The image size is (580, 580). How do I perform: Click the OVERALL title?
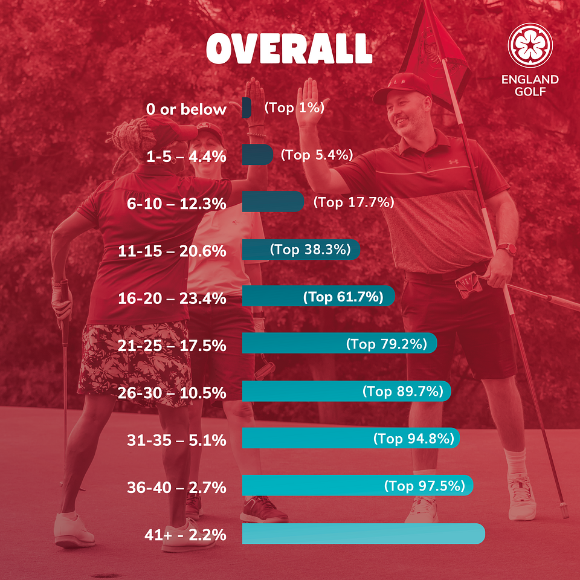(x=289, y=48)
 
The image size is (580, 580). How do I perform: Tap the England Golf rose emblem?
(x=530, y=45)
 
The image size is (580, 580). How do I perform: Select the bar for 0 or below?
(x=246, y=108)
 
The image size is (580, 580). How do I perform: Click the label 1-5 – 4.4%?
(x=187, y=156)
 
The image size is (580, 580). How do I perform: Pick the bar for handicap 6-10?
(x=272, y=202)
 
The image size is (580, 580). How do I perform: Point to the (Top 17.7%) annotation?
(x=353, y=202)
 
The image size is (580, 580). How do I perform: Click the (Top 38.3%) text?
(x=311, y=250)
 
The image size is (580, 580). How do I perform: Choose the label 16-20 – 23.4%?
(x=172, y=298)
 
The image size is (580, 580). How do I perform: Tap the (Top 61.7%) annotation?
(x=343, y=297)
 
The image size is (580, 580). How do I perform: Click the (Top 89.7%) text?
(x=403, y=391)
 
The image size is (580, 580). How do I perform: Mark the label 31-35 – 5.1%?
(x=177, y=440)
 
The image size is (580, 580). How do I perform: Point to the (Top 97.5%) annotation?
(x=425, y=486)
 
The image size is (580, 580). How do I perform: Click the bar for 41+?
(x=362, y=533)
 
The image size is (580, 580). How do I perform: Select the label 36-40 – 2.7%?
(x=176, y=487)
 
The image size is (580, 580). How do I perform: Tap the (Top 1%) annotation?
(x=294, y=108)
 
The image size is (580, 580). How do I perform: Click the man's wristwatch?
(x=506, y=250)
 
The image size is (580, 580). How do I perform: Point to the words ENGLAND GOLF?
(x=529, y=85)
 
